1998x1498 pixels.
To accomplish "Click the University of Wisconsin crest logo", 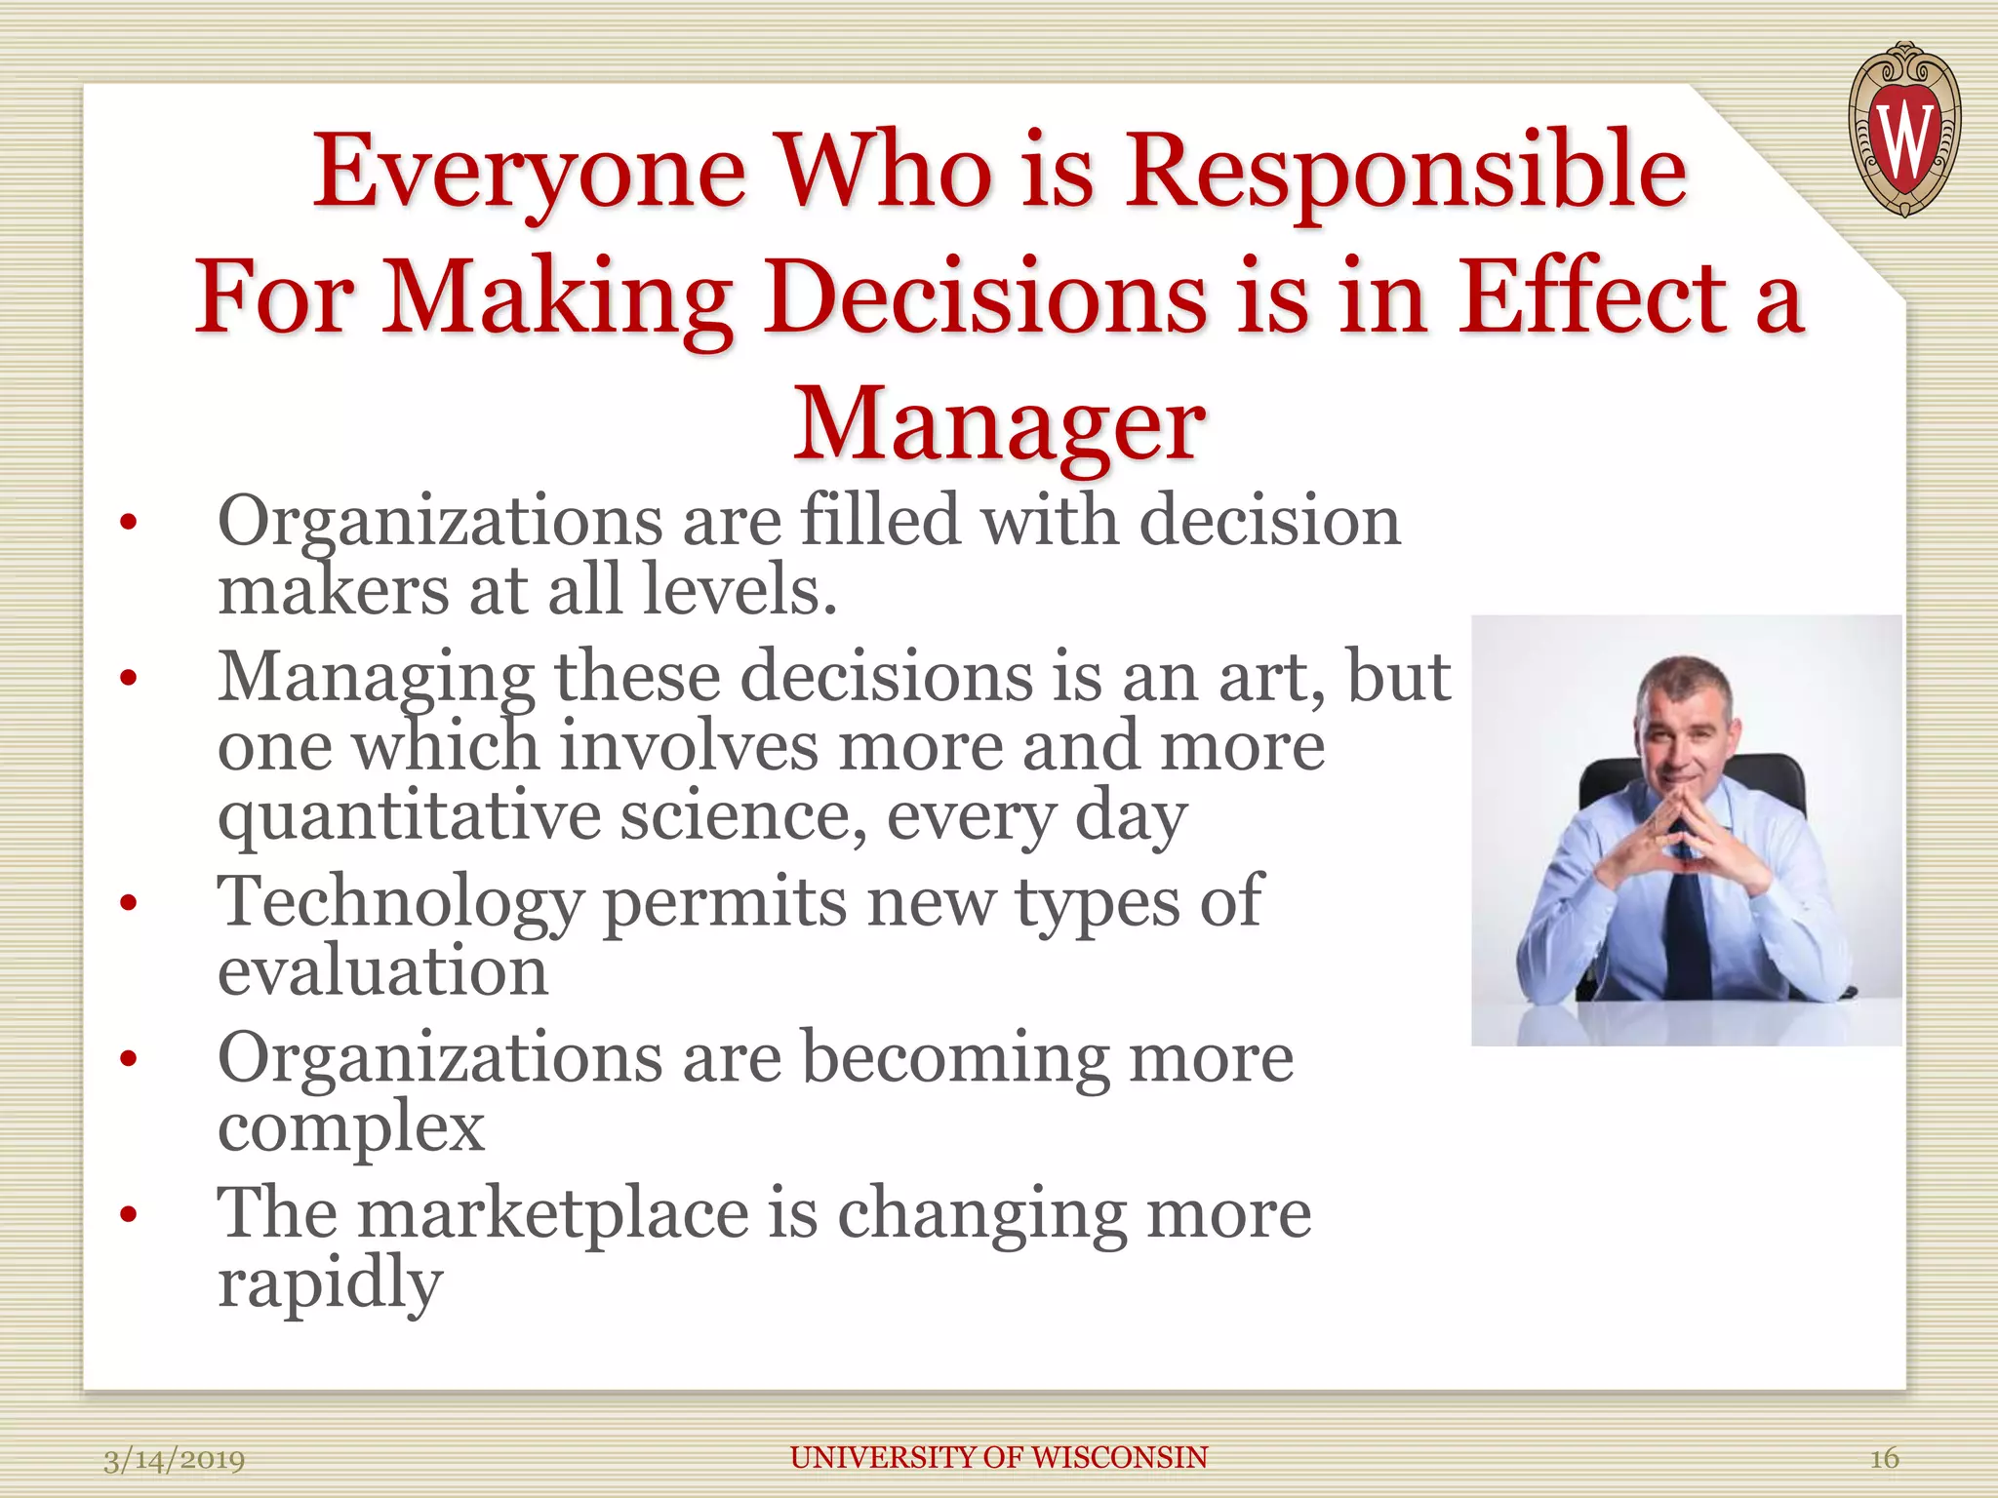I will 1904,129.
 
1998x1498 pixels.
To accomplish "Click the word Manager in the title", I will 999,423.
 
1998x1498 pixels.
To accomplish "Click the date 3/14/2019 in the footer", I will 175,1459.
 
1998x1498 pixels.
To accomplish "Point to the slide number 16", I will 1883,1458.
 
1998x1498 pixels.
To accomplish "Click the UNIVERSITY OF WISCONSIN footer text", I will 999,1457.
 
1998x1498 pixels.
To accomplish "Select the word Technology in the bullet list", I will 400,903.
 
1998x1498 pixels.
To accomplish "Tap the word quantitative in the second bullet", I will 409,817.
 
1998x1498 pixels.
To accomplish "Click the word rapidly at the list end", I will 330,1284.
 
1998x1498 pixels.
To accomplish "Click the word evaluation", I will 382,972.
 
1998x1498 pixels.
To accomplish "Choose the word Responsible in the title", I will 1405,172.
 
